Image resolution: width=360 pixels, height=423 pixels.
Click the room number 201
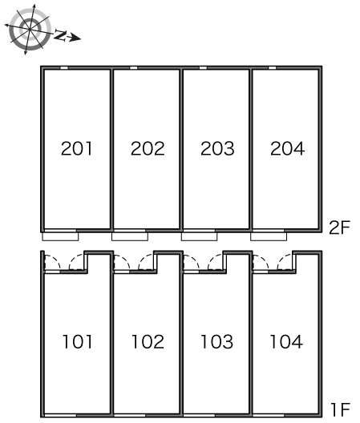click(x=77, y=148)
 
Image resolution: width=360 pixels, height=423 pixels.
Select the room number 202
click(x=148, y=148)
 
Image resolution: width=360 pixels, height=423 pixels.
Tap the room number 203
click(x=217, y=148)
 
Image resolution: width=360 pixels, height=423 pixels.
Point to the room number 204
click(x=287, y=148)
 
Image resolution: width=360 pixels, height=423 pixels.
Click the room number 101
click(x=78, y=341)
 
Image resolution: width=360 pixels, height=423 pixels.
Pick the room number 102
click(x=148, y=341)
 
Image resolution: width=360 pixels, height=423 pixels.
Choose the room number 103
click(x=216, y=341)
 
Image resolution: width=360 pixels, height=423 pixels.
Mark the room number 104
click(x=286, y=341)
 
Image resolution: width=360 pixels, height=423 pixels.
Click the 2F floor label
click(x=339, y=228)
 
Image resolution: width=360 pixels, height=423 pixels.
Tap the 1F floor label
click(x=341, y=409)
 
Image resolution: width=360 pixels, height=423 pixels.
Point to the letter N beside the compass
click(x=60, y=36)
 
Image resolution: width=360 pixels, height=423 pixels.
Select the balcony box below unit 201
click(x=60, y=236)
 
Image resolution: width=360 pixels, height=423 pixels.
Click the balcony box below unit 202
click(x=130, y=236)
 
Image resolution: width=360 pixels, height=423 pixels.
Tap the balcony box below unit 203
click(x=200, y=236)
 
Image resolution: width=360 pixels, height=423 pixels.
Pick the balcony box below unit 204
click(x=269, y=236)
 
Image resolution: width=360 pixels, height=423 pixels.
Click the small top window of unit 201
click(x=64, y=68)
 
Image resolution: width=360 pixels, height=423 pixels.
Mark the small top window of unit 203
click(x=203, y=68)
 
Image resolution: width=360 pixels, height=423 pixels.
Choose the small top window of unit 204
click(x=273, y=68)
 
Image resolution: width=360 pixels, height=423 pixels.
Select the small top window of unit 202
click(x=134, y=68)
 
